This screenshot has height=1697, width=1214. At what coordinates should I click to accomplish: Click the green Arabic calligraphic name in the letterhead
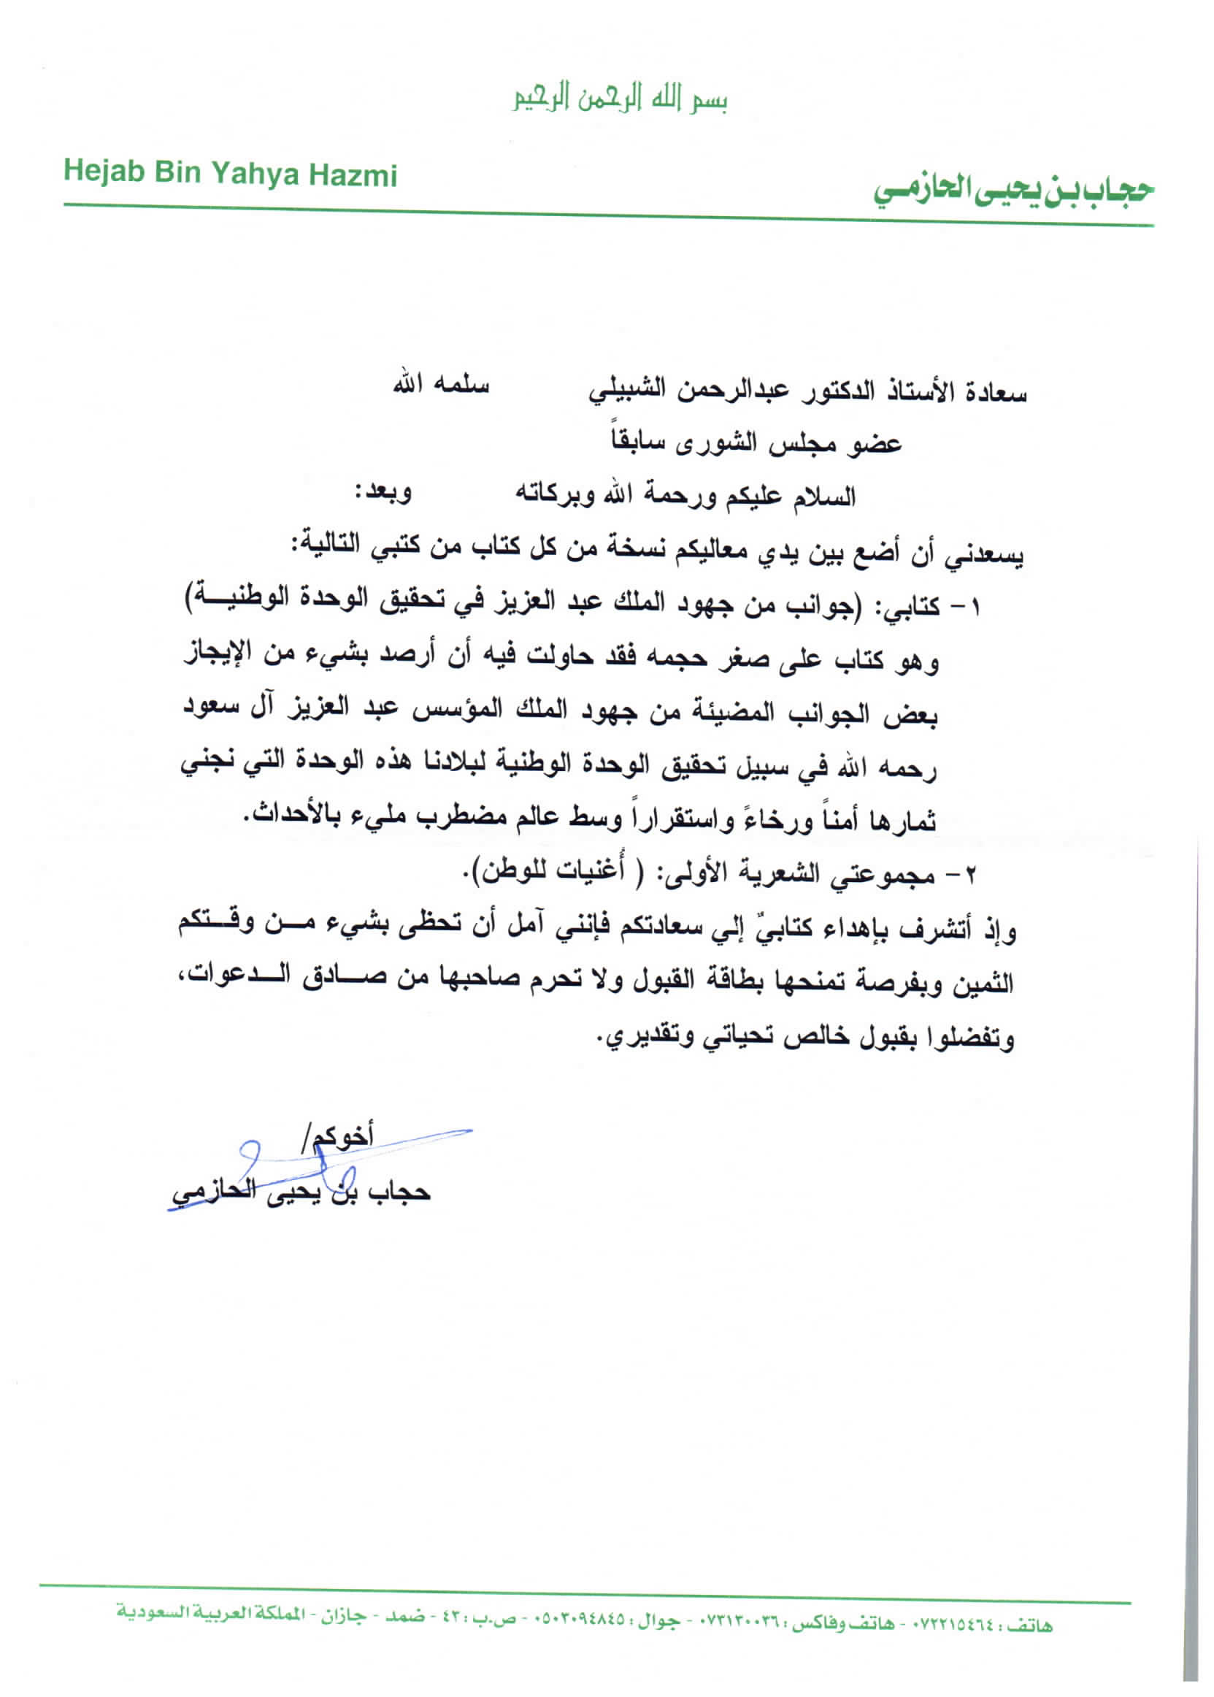tap(1015, 191)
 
